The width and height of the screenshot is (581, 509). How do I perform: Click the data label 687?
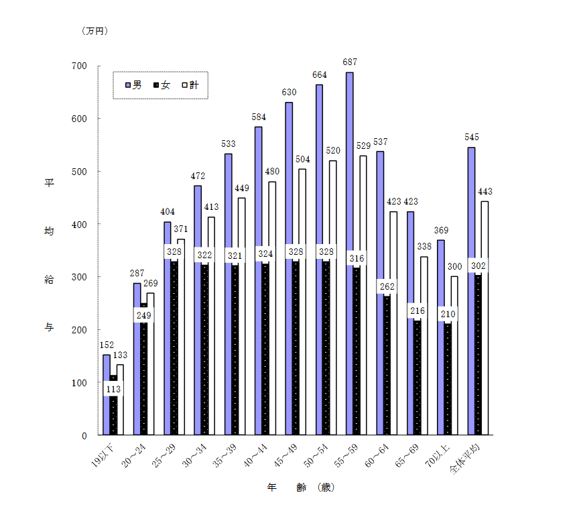349,62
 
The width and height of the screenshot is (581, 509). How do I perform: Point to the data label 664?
319,75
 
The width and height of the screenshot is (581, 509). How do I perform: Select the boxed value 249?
143,315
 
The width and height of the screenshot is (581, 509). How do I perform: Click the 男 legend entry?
133,85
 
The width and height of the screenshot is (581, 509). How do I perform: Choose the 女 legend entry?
162,85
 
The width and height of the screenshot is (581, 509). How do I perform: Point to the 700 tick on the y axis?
80,66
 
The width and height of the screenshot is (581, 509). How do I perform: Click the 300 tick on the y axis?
80,277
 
